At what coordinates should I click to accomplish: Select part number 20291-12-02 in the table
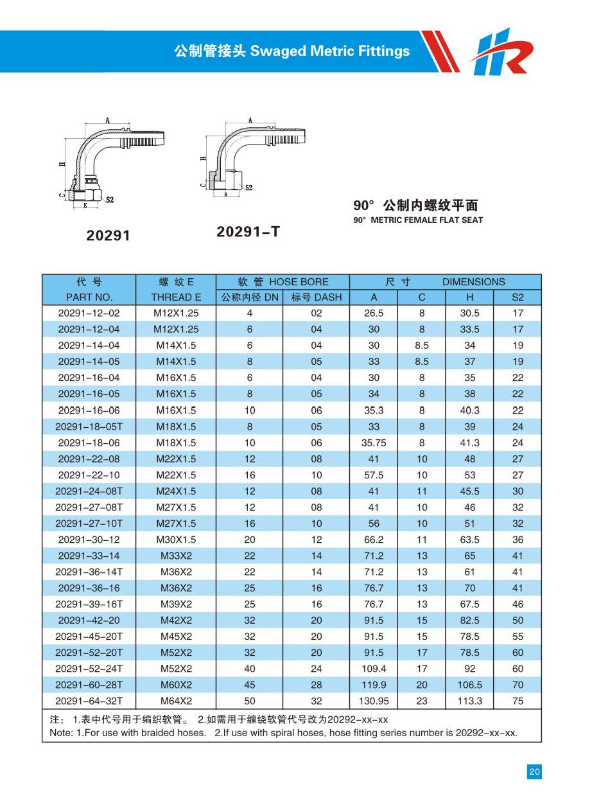(89, 313)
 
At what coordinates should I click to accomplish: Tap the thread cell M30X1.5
(176, 540)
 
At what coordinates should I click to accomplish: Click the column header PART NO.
(89, 297)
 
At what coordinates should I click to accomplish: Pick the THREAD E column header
(176, 297)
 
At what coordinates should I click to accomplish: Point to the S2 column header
(518, 297)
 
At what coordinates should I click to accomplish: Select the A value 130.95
(373, 701)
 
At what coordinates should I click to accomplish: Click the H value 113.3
(469, 701)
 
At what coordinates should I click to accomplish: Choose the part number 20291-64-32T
(89, 701)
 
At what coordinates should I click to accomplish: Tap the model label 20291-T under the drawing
(248, 231)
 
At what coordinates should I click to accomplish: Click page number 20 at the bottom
(534, 772)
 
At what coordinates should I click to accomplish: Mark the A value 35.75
(373, 443)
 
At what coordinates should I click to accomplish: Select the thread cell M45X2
(176, 637)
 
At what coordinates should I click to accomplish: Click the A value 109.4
(373, 669)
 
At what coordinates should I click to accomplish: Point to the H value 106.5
(469, 685)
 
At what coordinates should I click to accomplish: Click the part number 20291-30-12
(89, 540)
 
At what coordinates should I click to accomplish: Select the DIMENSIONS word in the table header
(473, 282)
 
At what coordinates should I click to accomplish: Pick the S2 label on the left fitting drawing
(110, 200)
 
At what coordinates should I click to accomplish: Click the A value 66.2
(373, 540)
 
